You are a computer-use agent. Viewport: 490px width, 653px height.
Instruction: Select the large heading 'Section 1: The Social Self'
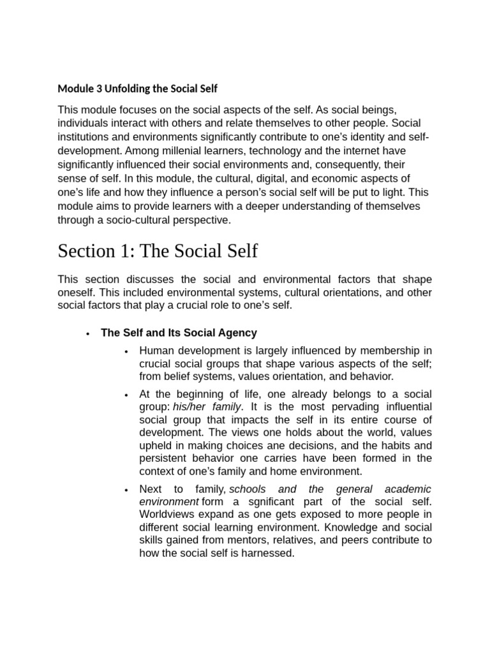tap(158, 251)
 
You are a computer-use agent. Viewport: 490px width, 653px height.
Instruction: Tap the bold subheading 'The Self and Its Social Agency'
tap(179, 333)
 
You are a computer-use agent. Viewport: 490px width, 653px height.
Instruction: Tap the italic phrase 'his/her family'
tap(207, 407)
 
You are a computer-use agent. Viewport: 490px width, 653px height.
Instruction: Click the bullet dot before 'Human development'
tap(128, 351)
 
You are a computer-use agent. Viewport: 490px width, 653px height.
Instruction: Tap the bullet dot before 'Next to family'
tap(128, 490)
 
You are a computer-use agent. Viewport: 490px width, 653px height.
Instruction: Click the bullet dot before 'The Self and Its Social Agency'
tap(87, 334)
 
